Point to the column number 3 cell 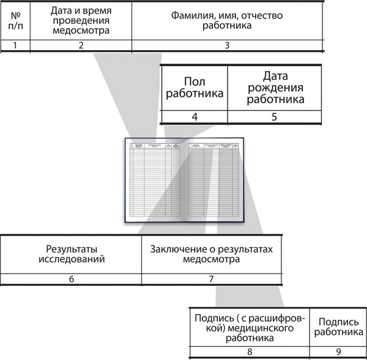pos(227,45)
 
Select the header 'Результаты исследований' pos(70,253)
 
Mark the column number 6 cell pos(70,279)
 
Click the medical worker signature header pos(249,327)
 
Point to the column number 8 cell pos(249,351)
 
